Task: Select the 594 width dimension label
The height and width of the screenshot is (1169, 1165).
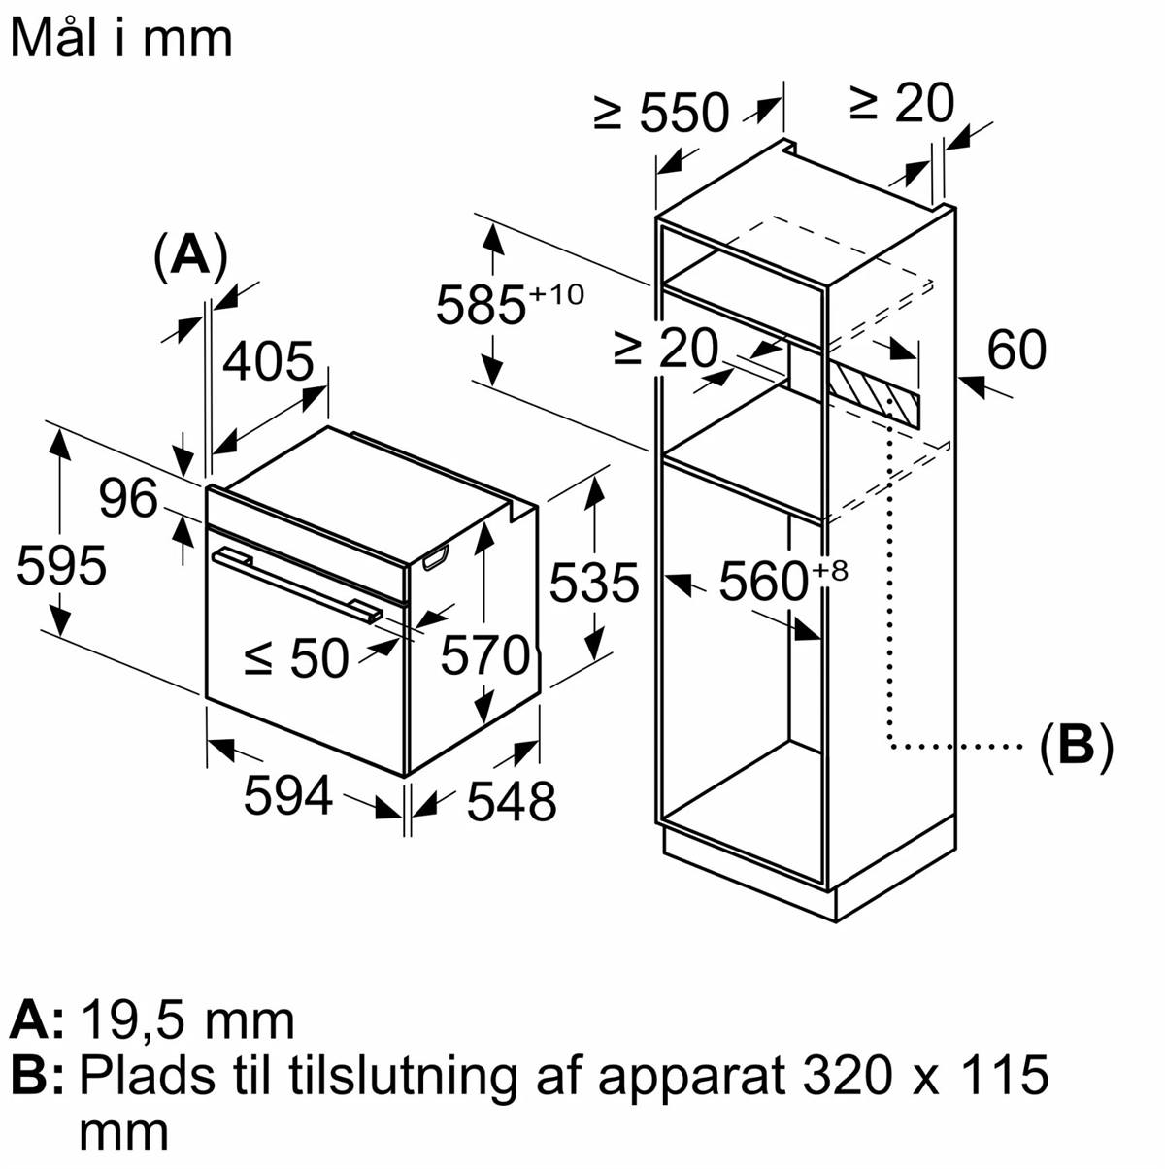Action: coord(288,796)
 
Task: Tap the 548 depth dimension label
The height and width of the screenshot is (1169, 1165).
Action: coord(512,802)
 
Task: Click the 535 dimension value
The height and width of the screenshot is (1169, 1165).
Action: coord(594,583)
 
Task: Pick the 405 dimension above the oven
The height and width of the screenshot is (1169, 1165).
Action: coord(269,362)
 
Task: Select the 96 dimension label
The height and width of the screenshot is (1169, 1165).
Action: coord(128,499)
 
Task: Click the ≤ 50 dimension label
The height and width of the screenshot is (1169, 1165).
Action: coord(296,658)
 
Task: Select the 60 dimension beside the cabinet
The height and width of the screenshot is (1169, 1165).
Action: coord(1016,350)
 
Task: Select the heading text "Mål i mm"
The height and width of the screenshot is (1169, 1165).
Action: coord(121,38)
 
